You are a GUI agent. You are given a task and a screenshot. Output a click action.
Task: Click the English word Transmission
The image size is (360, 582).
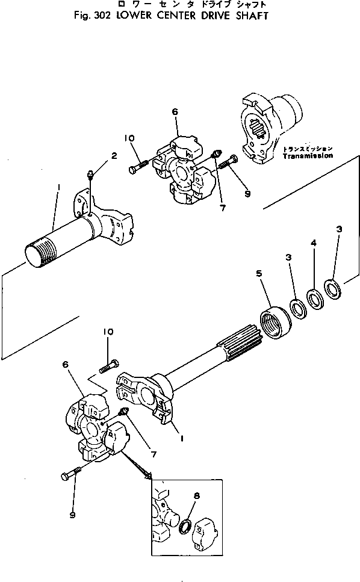coord(306,155)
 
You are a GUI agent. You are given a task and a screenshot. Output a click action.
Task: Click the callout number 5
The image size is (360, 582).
coord(259,273)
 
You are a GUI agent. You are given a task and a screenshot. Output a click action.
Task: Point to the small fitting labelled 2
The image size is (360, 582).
coord(90,175)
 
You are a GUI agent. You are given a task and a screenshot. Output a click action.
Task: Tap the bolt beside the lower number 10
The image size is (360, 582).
coord(110,365)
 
